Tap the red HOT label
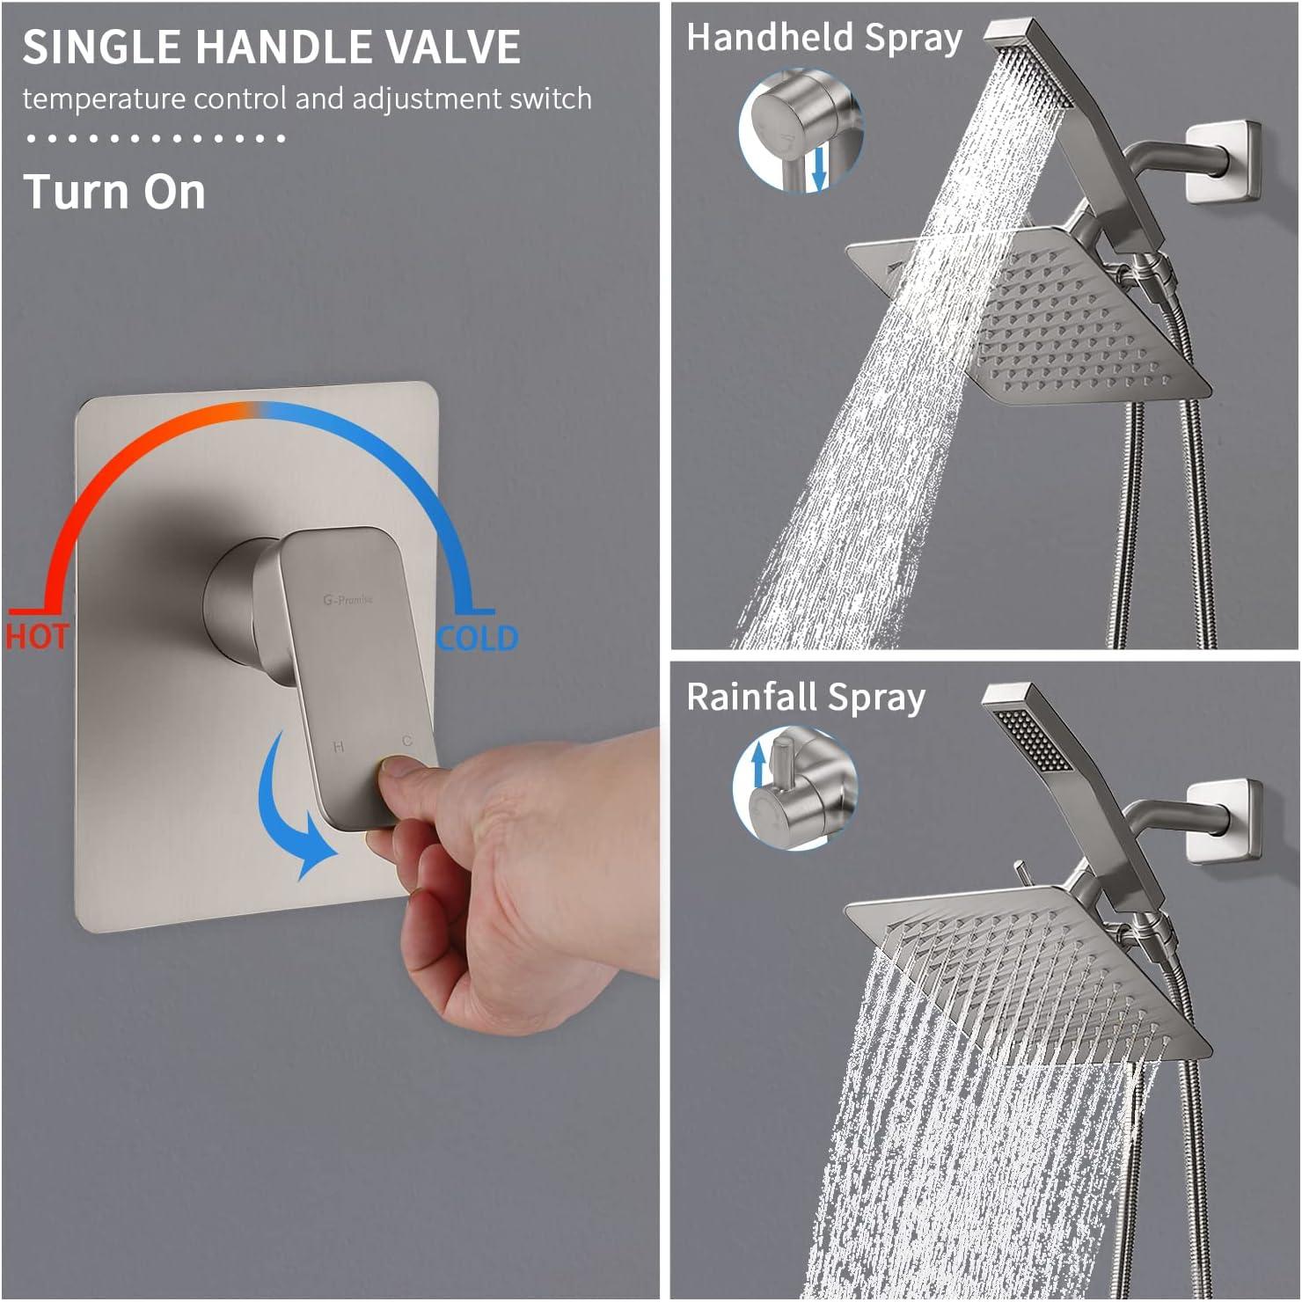pos(36,636)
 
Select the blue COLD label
pos(478,638)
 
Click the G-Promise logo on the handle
pos(347,600)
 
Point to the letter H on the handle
pos(339,747)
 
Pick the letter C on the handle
pos(406,742)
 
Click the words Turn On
pos(114,192)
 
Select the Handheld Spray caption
pos(824,39)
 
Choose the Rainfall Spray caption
pos(806,698)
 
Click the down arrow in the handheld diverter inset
pos(818,167)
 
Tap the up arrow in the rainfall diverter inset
pos(758,764)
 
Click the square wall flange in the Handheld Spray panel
pos(1224,161)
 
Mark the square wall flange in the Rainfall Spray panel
pos(1224,819)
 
